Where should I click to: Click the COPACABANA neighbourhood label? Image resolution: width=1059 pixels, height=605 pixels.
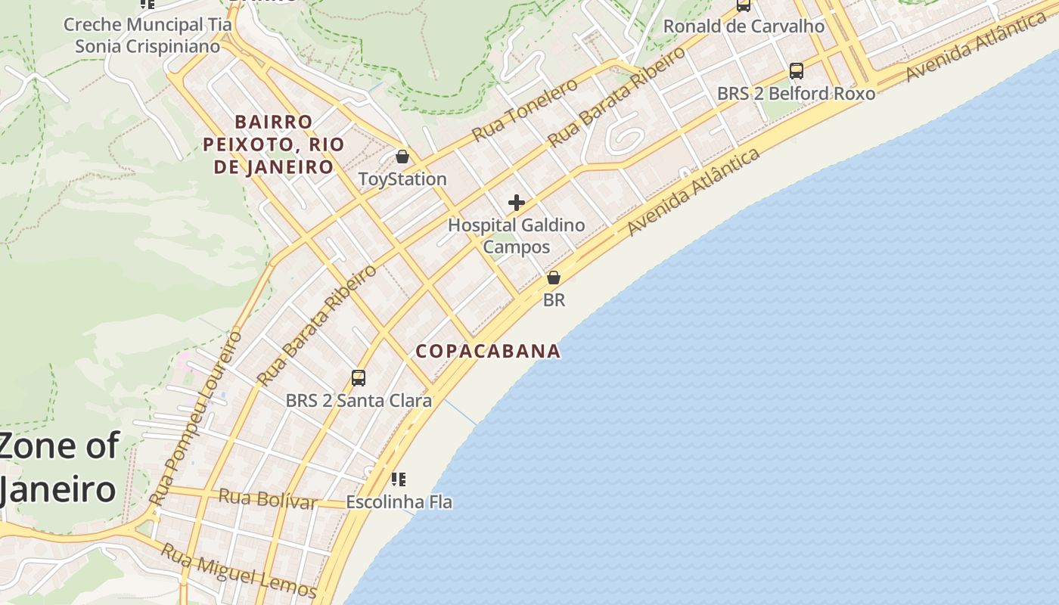488,351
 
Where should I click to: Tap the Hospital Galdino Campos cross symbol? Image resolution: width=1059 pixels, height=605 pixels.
517,203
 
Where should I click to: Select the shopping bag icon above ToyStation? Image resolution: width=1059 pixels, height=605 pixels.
402,157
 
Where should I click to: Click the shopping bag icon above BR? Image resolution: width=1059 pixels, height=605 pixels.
554,278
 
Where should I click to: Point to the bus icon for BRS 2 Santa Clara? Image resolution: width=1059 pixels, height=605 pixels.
359,377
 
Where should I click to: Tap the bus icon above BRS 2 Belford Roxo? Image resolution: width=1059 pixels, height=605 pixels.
796,71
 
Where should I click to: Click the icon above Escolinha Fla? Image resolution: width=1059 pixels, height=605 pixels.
399,479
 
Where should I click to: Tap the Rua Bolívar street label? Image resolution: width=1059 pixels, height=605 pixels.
268,498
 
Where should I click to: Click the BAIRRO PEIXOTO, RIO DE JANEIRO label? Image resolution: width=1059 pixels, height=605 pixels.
274,144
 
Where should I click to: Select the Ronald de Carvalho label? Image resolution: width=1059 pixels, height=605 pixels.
744,26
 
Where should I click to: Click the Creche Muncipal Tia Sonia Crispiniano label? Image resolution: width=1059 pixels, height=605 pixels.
148,36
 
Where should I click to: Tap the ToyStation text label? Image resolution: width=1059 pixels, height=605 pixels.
402,179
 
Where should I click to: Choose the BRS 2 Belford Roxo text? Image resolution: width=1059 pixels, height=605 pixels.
796,94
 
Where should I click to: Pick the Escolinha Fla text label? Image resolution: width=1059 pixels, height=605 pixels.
399,501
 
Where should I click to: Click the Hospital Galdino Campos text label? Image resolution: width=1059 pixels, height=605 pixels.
517,236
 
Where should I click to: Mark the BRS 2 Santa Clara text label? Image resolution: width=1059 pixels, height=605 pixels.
359,400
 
